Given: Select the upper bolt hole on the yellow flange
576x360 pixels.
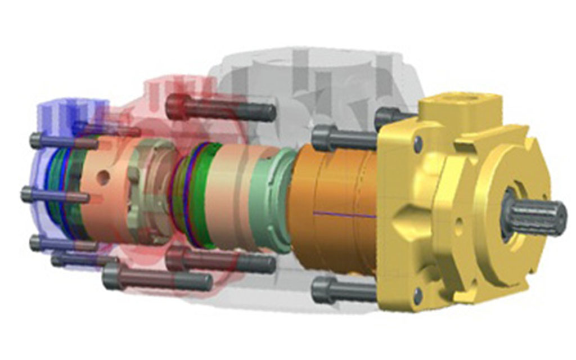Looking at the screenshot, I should tap(418, 145).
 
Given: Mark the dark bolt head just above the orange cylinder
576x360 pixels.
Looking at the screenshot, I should tap(323, 137).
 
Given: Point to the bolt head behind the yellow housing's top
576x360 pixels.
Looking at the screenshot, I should tap(388, 117).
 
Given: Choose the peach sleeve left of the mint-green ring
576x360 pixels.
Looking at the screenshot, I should tap(231, 194).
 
